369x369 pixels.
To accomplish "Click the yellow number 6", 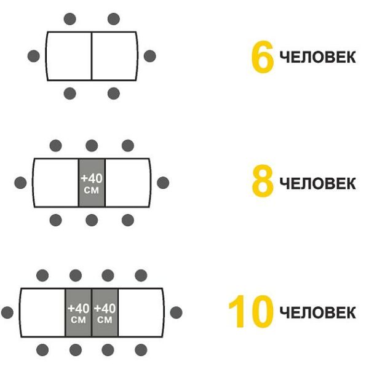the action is coord(263,57).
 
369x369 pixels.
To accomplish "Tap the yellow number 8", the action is coord(263,181).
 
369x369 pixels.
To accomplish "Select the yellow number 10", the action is coord(251,311).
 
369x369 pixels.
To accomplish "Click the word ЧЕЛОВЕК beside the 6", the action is coord(317,57).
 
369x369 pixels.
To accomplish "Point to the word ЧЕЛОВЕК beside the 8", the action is coord(317,183).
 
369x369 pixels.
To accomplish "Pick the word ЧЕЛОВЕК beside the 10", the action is coord(317,312).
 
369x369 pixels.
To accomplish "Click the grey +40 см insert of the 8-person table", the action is coord(92,183).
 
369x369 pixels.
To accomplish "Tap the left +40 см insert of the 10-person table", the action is coord(78,313).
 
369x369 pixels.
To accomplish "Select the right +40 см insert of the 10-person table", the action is coord(105,313).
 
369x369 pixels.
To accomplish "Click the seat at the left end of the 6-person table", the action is coord(34,56).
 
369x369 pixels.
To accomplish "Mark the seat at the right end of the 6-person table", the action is coord(150,56).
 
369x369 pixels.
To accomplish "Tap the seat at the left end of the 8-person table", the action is coord(20,183).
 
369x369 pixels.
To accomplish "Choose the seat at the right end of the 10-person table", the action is coord(177,312).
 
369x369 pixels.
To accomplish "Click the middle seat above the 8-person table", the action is coord(92,145).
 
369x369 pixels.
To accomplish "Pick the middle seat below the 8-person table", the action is coord(92,220).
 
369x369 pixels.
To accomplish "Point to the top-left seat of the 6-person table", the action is coord(70,19).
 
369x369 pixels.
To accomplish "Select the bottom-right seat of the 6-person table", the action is coord(114,93).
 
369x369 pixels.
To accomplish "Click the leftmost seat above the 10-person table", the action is coord(42,276).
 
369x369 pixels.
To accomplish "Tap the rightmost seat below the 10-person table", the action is coord(141,350).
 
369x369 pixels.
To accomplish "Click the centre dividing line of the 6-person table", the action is coord(92,56).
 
